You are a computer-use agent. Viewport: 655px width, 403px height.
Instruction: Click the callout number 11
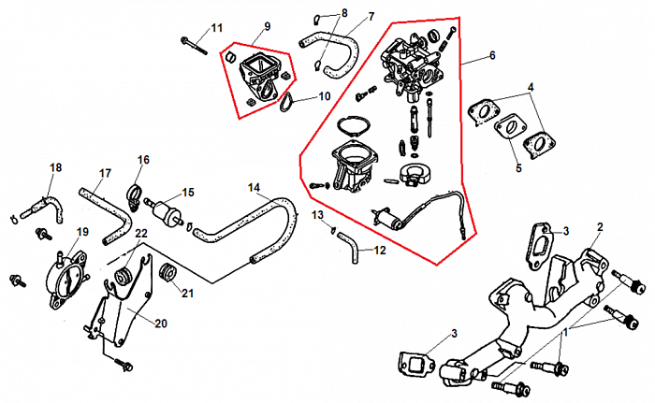pyautogui.click(x=217, y=26)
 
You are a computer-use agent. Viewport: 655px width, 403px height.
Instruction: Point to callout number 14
pyautogui.click(x=254, y=187)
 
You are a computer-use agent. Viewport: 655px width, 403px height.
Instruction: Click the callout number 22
pyautogui.click(x=140, y=233)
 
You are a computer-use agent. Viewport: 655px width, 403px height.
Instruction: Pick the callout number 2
pyautogui.click(x=601, y=227)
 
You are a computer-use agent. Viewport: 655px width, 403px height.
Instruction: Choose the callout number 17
pyautogui.click(x=105, y=173)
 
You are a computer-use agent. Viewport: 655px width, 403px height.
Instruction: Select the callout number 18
pyautogui.click(x=55, y=167)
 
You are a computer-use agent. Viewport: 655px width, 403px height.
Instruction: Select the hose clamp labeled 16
pyautogui.click(x=134, y=196)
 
